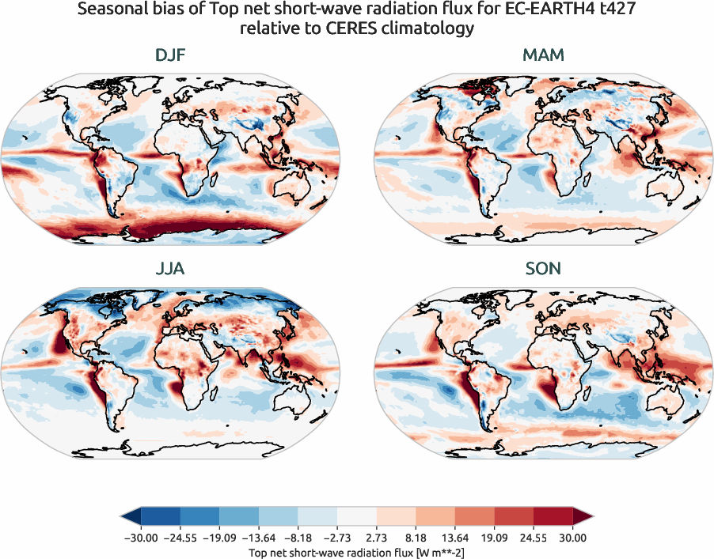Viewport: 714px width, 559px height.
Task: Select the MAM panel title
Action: tap(543, 55)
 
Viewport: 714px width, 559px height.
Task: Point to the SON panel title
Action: tap(543, 269)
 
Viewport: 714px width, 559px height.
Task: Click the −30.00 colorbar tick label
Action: tap(141, 538)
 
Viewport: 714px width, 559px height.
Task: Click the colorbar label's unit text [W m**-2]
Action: tap(435, 552)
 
